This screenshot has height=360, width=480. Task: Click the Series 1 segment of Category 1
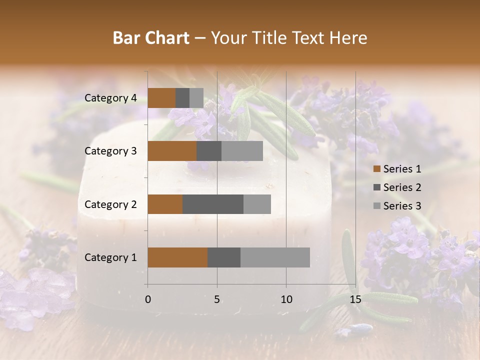(x=177, y=257)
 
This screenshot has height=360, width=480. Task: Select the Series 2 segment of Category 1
(x=224, y=257)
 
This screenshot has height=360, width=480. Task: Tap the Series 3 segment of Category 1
(x=275, y=257)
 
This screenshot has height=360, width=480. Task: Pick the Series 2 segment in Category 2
(x=213, y=204)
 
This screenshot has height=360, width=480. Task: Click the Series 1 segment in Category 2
(x=165, y=204)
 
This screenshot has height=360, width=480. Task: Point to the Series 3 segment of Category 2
(x=257, y=204)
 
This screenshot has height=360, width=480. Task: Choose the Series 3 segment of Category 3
(x=242, y=151)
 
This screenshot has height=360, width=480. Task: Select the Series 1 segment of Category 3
(x=172, y=151)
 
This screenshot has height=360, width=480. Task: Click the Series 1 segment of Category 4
(x=161, y=98)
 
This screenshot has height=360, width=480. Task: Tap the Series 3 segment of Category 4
(x=196, y=98)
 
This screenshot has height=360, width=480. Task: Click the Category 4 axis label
(x=110, y=98)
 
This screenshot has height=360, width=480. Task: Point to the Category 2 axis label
(x=110, y=204)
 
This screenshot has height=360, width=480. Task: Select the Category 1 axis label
(x=110, y=257)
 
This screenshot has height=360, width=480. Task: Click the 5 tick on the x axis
(x=217, y=299)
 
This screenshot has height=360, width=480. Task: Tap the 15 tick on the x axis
(x=355, y=299)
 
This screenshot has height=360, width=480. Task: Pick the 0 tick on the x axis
(x=148, y=299)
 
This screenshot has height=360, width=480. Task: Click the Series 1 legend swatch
(x=376, y=169)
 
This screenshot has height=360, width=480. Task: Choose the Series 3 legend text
(x=402, y=206)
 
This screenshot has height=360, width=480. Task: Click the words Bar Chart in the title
(x=151, y=38)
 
